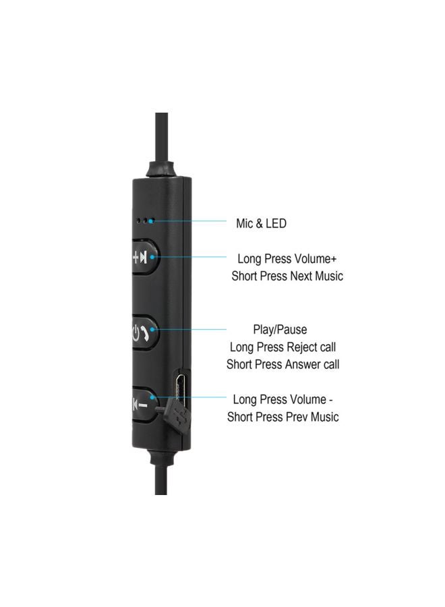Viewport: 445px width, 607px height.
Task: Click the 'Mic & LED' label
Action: [261, 223]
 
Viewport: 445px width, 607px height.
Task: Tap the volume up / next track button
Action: [146, 257]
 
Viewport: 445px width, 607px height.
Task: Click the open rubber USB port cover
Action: [176, 414]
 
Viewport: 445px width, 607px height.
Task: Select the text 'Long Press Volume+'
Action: [287, 258]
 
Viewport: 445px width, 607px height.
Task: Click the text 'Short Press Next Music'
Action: [287, 276]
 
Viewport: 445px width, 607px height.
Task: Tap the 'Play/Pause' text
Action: [280, 329]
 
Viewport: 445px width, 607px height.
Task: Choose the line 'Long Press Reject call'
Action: [283, 347]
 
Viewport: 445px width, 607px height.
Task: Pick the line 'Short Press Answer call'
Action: [283, 364]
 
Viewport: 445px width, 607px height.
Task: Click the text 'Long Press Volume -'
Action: [283, 399]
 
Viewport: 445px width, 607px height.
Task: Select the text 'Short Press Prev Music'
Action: [283, 417]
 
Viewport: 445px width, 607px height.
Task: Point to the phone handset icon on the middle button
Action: [145, 333]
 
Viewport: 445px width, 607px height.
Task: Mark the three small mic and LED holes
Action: [146, 221]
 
